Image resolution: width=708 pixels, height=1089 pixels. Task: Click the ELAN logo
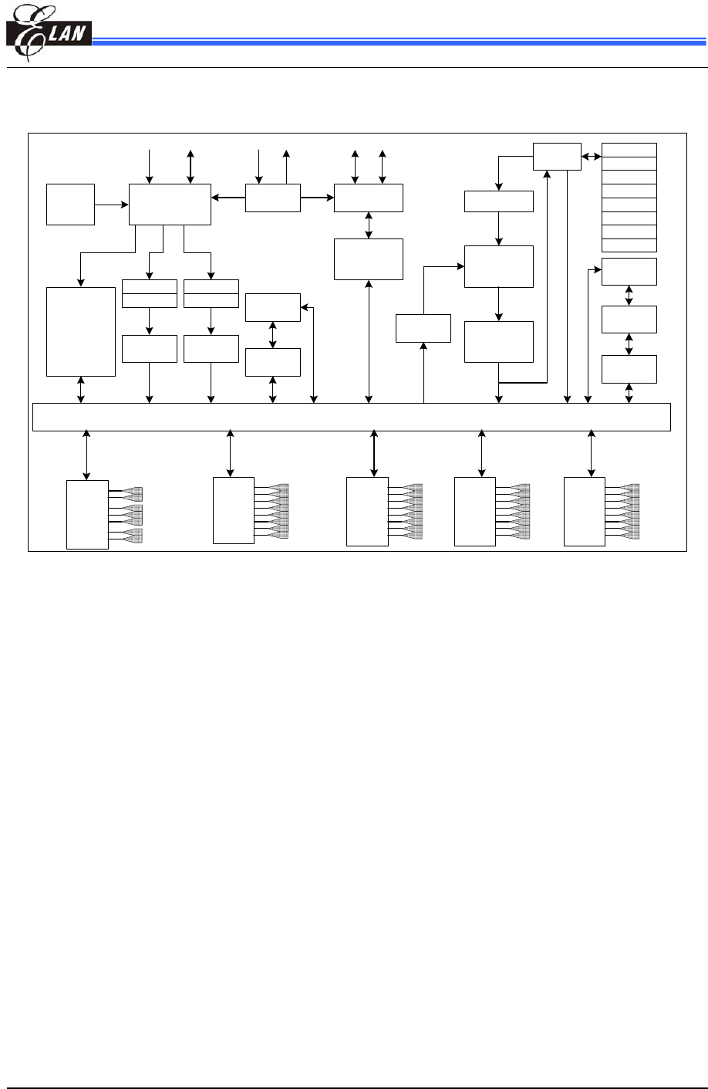48,34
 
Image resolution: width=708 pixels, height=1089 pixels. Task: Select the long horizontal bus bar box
351,417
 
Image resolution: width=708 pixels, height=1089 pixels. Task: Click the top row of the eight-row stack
629,150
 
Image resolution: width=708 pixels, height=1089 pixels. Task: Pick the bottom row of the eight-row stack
629,245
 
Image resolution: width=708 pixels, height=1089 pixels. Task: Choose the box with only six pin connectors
87,514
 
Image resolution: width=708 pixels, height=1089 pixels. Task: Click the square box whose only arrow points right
70,205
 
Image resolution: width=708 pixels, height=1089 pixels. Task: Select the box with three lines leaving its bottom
170,205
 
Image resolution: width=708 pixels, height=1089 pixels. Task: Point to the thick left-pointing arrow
228,198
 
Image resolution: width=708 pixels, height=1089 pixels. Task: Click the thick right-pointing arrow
317,198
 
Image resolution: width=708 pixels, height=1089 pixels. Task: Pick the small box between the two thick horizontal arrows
273,198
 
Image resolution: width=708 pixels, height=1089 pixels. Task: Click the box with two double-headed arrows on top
369,198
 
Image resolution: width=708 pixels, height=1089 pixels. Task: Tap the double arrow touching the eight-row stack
591,157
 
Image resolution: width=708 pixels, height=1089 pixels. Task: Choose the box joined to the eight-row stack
557,157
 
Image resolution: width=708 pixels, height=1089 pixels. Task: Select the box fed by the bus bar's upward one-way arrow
423,328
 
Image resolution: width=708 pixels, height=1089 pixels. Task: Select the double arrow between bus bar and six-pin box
86,455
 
